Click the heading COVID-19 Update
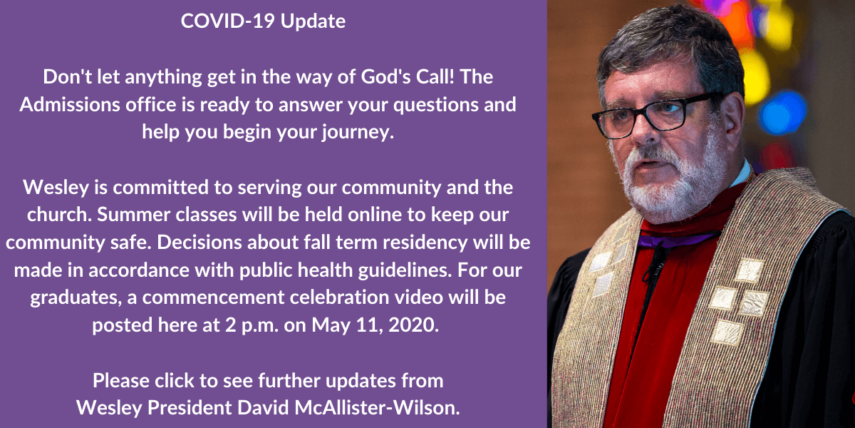[x=263, y=21]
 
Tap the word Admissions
[x=70, y=104]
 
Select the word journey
[x=357, y=133]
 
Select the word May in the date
[x=331, y=326]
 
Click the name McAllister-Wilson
[x=377, y=407]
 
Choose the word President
[x=190, y=407]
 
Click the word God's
[x=385, y=77]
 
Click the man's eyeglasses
[x=655, y=116]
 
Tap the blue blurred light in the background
[x=782, y=113]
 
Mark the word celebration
[x=339, y=297]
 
